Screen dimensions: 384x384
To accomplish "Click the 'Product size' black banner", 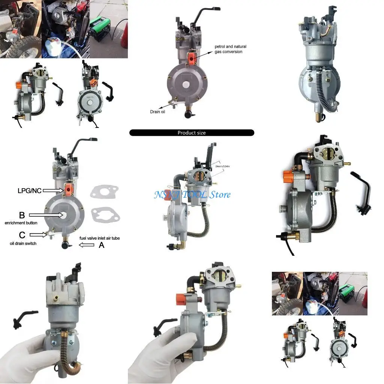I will pos(192,133).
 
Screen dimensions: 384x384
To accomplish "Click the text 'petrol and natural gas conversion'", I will pos(230,49).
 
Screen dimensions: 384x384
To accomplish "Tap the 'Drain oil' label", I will pos(157,111).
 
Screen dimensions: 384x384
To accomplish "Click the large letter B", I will pos(22,215).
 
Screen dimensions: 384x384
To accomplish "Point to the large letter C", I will pos(22,235).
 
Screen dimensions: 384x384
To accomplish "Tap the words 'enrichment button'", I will pos(21,223).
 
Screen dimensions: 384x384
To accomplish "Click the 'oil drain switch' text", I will pos(23,243).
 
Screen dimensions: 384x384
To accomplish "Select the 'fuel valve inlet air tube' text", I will pos(99,238).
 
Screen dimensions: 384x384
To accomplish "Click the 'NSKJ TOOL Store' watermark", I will pos(192,195).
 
